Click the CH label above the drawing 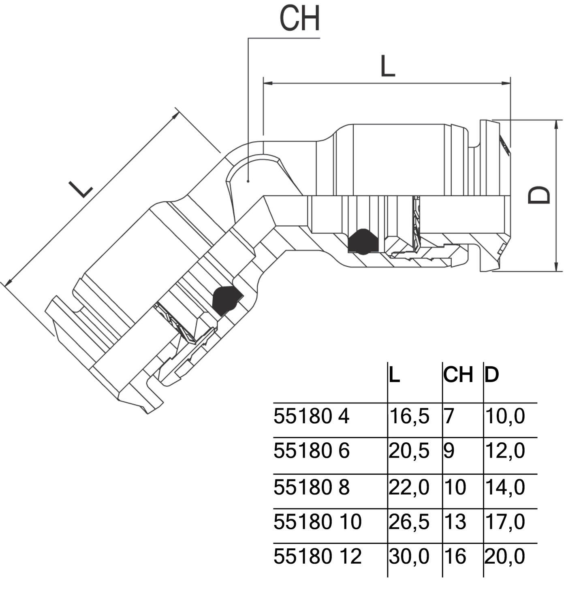click(x=300, y=19)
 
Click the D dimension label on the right click(x=539, y=195)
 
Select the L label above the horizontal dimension click(x=387, y=66)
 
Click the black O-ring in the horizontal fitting click(x=363, y=242)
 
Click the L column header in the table click(x=395, y=375)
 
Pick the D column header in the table click(x=491, y=375)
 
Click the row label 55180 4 click(x=311, y=416)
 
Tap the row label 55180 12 click(x=317, y=556)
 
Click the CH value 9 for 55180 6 click(x=449, y=451)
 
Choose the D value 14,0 click(x=505, y=487)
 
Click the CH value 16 click(x=455, y=556)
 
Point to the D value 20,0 click(x=505, y=556)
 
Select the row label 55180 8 click(x=311, y=487)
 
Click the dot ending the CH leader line click(x=248, y=181)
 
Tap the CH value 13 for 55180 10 click(x=455, y=522)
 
